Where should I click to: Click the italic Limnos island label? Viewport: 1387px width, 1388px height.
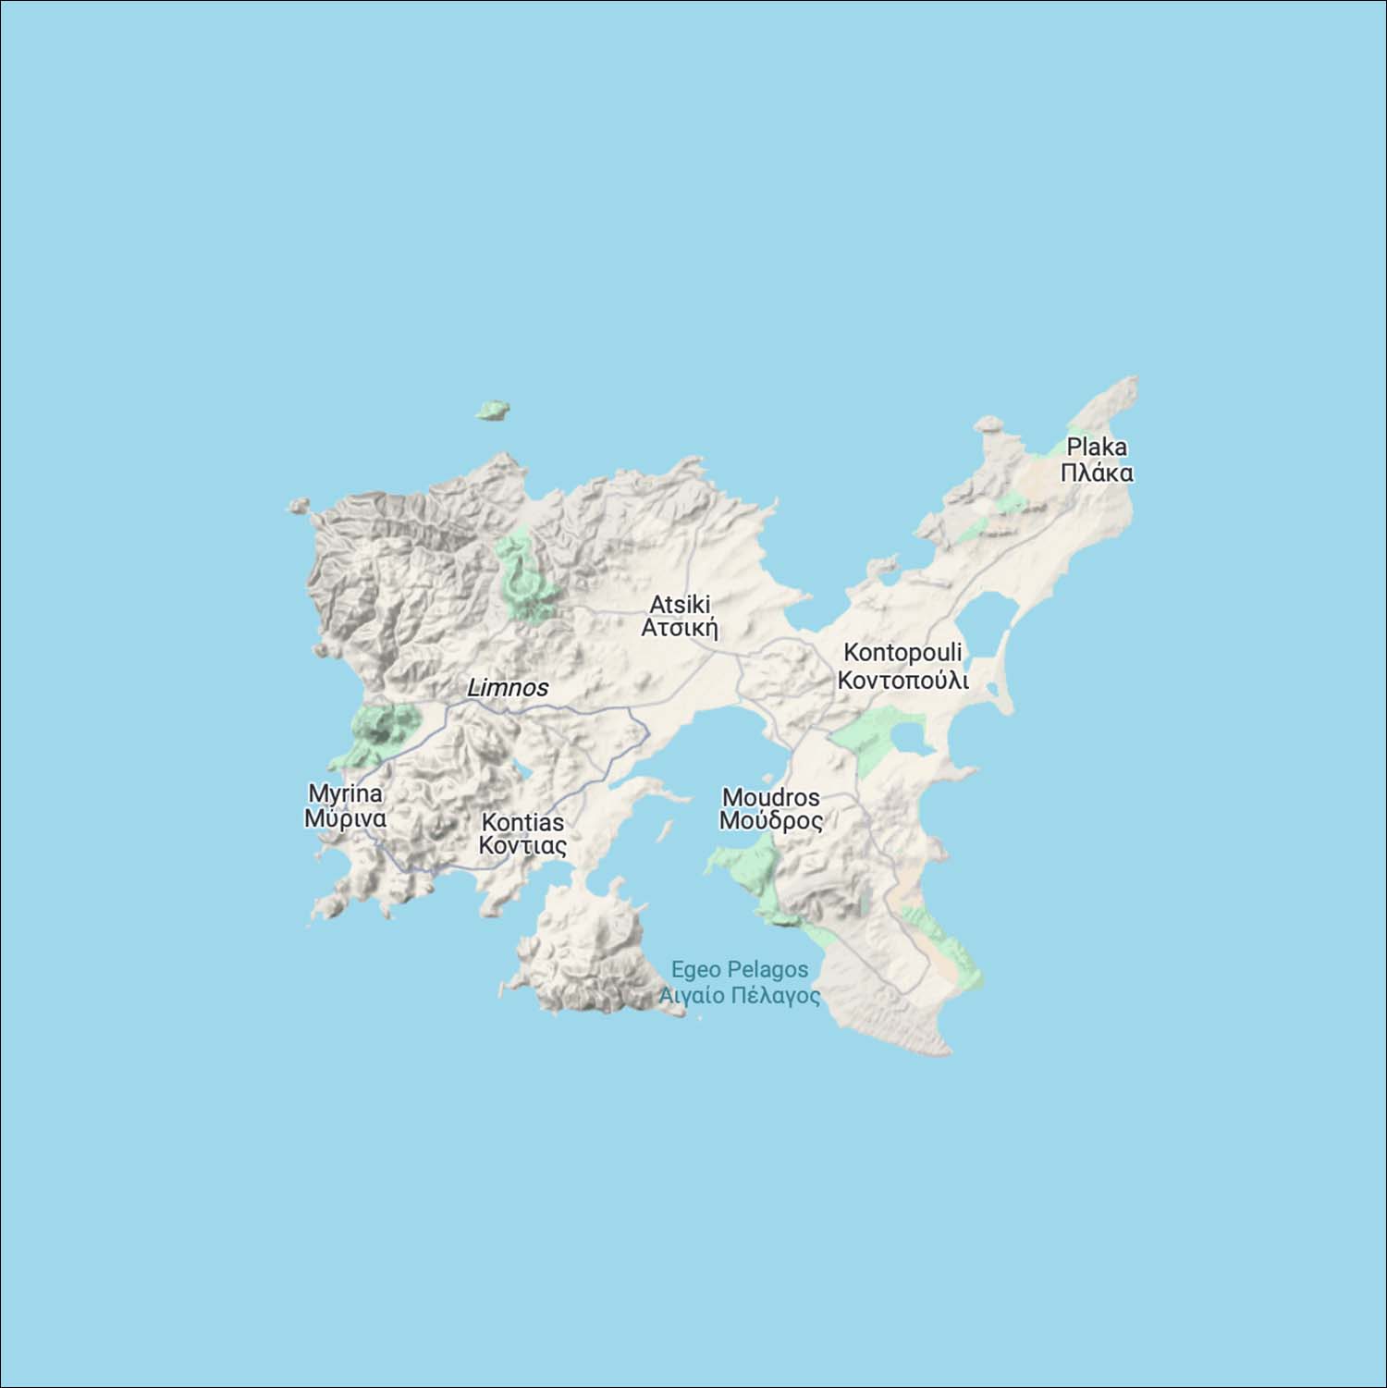tap(508, 688)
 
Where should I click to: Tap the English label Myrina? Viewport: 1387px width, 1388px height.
tap(345, 793)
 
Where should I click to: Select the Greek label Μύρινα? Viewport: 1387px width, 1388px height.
tap(345, 818)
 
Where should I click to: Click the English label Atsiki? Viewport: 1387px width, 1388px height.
tap(680, 604)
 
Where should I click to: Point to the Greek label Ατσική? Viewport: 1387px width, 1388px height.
tap(680, 628)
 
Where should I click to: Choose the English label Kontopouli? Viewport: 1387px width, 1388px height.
tap(902, 652)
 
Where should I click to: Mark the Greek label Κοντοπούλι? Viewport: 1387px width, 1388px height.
tap(902, 681)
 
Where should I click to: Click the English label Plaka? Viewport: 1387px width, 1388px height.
tap(1097, 447)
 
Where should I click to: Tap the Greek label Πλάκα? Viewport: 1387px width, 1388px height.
tap(1097, 473)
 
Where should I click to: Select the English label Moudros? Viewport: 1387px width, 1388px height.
tap(770, 797)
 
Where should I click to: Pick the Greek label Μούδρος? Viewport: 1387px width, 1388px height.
tap(770, 821)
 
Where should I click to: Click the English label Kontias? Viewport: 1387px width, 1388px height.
tap(522, 822)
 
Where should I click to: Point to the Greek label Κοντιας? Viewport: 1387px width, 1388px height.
tap(522, 846)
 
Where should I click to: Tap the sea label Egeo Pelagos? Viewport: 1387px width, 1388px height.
tap(739, 969)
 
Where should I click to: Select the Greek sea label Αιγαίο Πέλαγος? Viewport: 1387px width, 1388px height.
tap(739, 995)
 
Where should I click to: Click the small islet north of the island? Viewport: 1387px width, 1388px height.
tap(494, 410)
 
